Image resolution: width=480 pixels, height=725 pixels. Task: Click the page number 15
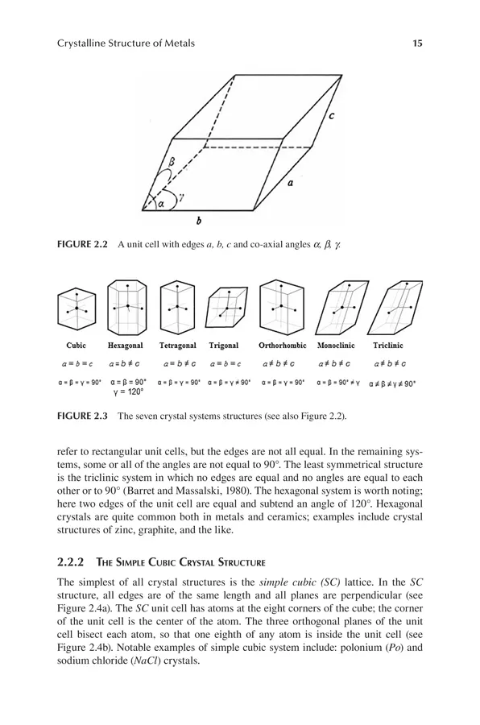coord(417,43)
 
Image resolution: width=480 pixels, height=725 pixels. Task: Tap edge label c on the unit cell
coord(331,116)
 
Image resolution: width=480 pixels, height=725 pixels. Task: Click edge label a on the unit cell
coord(291,183)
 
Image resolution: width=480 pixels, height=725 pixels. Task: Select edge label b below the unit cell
coord(198,221)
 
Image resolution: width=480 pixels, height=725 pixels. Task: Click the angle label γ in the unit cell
coord(182,197)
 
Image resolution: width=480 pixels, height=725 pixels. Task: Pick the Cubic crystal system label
coord(76,346)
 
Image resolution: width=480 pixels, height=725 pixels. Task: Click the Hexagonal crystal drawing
coord(126,306)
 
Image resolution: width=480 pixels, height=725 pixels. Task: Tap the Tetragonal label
coord(177,346)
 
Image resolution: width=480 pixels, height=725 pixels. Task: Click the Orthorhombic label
coord(282,346)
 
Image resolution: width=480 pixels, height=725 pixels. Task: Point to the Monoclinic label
coord(336,346)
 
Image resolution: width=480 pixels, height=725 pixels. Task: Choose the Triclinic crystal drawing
coord(395,307)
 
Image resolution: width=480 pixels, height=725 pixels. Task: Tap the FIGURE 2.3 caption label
coord(82,416)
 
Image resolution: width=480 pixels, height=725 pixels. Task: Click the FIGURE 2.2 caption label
coord(82,244)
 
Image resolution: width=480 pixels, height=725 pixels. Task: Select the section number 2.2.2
coord(70,562)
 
